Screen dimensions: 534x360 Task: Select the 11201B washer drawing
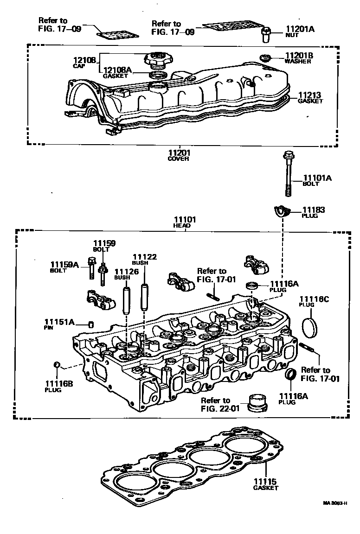point(265,58)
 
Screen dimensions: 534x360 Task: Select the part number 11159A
point(65,265)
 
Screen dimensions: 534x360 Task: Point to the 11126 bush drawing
point(125,301)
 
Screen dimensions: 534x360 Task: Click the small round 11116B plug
point(56,365)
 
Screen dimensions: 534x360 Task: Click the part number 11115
point(265,481)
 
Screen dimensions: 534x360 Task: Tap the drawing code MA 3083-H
point(336,502)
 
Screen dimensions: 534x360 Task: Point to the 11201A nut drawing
point(266,32)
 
